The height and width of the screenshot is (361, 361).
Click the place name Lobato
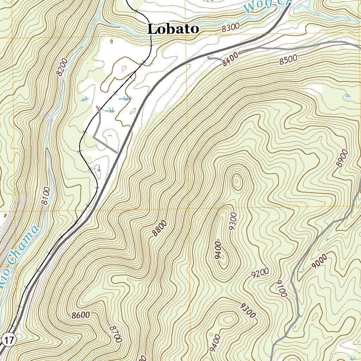[x=173, y=29]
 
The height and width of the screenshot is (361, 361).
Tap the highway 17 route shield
[x=9, y=341]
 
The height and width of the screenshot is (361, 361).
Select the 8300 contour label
[x=231, y=27]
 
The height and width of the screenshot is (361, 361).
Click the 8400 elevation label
[x=231, y=59]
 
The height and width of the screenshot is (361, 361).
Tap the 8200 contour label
[x=62, y=67]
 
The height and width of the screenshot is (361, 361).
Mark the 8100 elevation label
[x=45, y=196]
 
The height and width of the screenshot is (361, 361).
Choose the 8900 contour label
[x=342, y=158]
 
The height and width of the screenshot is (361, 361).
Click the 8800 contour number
[x=159, y=228]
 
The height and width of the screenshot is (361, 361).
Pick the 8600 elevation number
[x=80, y=315]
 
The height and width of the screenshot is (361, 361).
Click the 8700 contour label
[x=116, y=334]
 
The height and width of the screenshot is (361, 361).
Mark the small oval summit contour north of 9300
[x=237, y=181]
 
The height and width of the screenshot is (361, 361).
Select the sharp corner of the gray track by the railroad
[x=94, y=135]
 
